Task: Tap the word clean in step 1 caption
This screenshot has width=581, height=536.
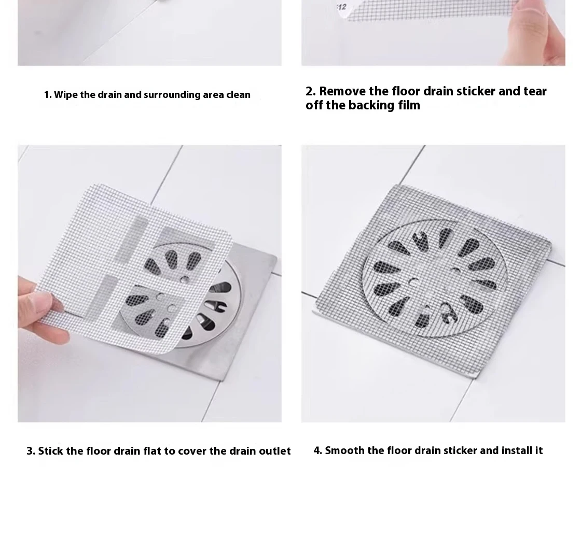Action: tap(238, 95)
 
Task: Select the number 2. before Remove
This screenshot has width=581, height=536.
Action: tap(311, 91)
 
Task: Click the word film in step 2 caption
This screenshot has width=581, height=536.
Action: tap(409, 105)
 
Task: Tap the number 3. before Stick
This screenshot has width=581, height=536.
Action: tap(31, 451)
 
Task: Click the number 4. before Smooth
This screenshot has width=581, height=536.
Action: tap(318, 450)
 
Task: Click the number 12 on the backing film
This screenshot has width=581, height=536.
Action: tap(341, 7)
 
